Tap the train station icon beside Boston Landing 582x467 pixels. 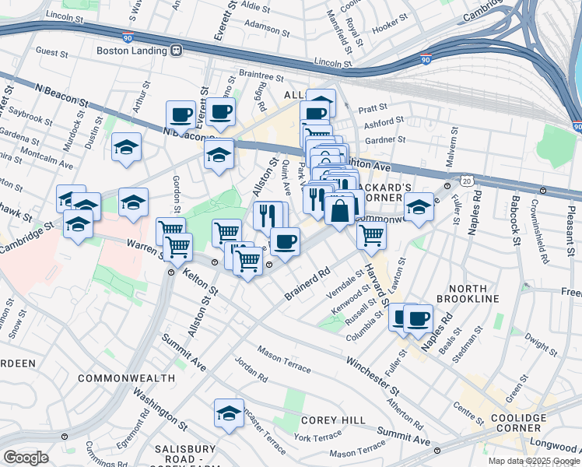point(176,51)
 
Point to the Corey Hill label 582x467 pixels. point(334,420)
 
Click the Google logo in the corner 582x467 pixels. point(26,458)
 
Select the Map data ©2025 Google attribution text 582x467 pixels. point(534,461)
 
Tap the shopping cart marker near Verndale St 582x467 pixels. point(372,235)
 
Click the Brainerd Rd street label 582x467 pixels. point(307,283)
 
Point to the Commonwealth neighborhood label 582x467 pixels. point(126,377)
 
